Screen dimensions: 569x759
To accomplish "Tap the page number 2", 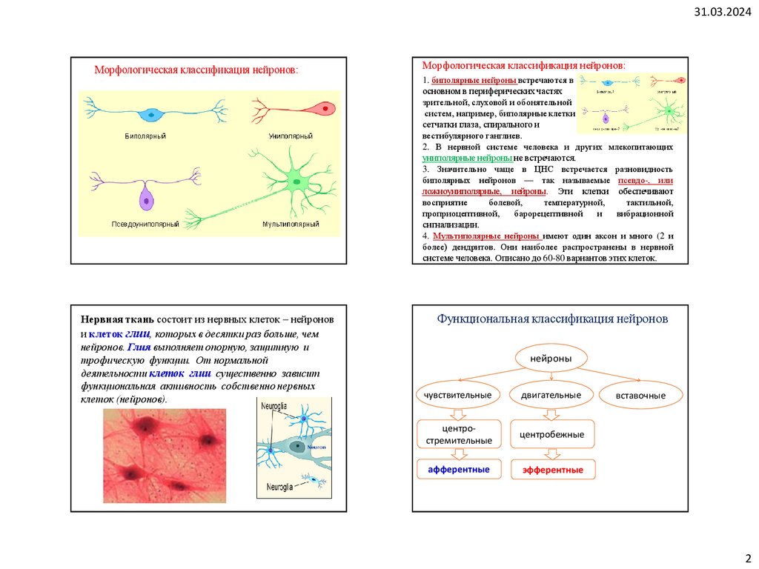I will [x=747, y=557].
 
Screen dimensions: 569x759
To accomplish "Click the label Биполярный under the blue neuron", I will [x=145, y=137].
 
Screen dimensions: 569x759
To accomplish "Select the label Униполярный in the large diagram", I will [x=291, y=137].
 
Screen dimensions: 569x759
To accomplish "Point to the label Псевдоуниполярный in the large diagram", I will [x=145, y=224].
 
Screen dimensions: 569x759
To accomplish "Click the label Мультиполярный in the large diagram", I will [x=291, y=224].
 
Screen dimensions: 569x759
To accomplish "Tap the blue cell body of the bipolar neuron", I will [x=152, y=114].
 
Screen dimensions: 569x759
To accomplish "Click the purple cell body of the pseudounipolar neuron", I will [x=146, y=199].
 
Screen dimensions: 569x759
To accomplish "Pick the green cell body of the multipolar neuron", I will [x=295, y=181].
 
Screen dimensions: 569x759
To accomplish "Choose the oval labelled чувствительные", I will [x=457, y=395].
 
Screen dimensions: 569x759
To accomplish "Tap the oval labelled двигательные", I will [x=551, y=395].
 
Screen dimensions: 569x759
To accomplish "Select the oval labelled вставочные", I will [x=640, y=395].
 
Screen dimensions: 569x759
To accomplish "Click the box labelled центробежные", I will [x=552, y=433].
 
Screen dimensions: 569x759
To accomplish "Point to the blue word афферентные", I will [x=458, y=470].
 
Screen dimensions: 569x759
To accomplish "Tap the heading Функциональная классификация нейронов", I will [x=552, y=319].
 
